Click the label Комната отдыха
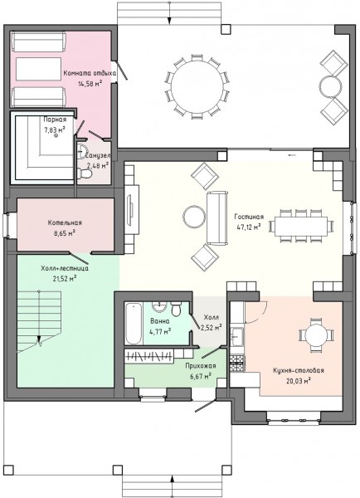click(x=90, y=73)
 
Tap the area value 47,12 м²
click(x=249, y=227)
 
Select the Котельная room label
click(x=65, y=222)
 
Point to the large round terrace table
click(x=197, y=86)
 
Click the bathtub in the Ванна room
click(x=134, y=324)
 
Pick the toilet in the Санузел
click(x=85, y=173)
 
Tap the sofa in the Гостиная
click(x=217, y=218)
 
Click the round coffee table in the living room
click(x=194, y=217)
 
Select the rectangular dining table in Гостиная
click(x=300, y=226)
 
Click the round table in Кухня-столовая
click(x=316, y=335)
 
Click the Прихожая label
click(x=201, y=365)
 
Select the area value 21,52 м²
click(x=65, y=279)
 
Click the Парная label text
click(x=55, y=120)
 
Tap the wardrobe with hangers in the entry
click(x=148, y=356)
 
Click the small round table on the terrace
click(x=330, y=86)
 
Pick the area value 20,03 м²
click(x=299, y=380)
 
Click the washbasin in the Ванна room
click(x=159, y=307)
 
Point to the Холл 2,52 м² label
click(x=211, y=322)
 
